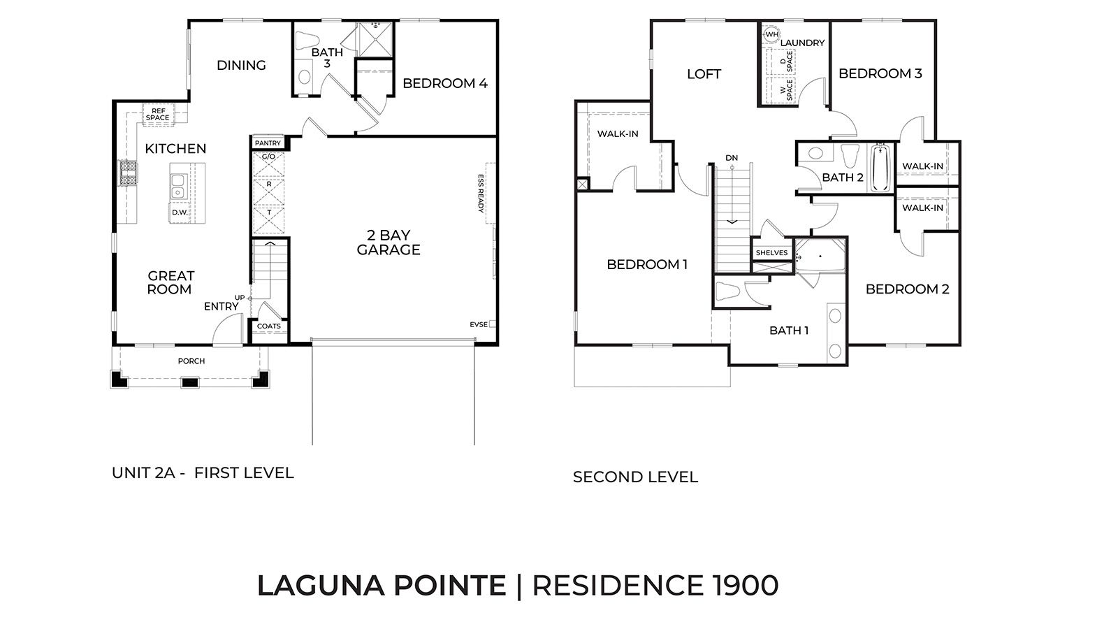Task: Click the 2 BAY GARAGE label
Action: tap(389, 243)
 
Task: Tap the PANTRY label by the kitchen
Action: tap(268, 143)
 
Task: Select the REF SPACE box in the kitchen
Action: tap(157, 115)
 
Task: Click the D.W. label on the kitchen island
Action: tap(178, 212)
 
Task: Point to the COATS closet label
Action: tap(269, 326)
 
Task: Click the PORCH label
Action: tap(191, 361)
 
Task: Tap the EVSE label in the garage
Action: tap(478, 324)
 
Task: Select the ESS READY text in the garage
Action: tap(481, 193)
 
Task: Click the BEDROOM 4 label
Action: tap(444, 83)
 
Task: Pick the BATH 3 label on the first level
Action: tap(327, 57)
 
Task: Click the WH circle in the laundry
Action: tap(771, 34)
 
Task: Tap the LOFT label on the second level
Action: tap(704, 74)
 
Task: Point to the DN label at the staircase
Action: tap(732, 158)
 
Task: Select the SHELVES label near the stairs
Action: tap(772, 253)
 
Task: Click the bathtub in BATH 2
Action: tap(880, 168)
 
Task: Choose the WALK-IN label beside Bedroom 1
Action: tap(618, 134)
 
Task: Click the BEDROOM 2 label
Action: tap(907, 289)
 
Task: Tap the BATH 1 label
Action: tap(789, 331)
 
